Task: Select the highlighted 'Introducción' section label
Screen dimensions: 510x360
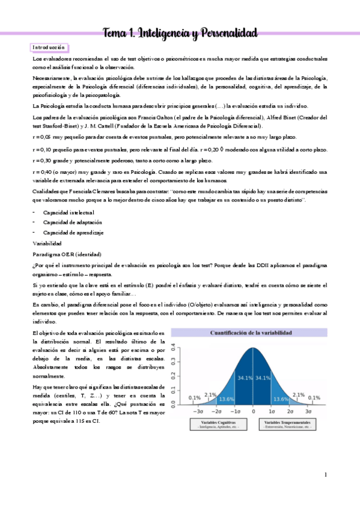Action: click(49, 48)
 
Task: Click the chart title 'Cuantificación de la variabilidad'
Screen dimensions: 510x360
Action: click(251, 333)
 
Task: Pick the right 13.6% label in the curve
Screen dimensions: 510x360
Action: click(279, 399)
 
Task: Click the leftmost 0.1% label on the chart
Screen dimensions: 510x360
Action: click(194, 398)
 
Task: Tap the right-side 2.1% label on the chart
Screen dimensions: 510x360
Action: click(299, 395)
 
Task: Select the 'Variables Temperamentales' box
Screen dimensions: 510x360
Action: click(290, 425)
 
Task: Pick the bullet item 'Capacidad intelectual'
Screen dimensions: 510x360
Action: click(68, 213)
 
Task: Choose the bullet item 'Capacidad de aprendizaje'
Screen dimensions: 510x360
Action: click(73, 232)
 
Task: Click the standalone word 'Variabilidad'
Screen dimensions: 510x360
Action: click(47, 244)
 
